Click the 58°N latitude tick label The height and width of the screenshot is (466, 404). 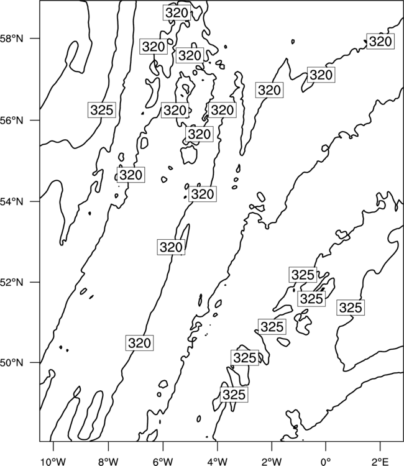click(x=12, y=39)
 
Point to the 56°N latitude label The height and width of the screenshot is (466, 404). click(x=12, y=121)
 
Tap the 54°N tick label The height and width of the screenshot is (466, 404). click(x=12, y=202)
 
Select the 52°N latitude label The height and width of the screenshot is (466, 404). click(x=12, y=282)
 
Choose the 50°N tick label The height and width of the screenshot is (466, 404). click(x=12, y=363)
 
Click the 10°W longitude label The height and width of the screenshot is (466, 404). click(x=53, y=462)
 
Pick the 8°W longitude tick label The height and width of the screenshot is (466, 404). click(x=108, y=462)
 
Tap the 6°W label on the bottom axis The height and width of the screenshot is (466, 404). click(x=163, y=462)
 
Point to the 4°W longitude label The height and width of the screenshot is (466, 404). click(x=218, y=462)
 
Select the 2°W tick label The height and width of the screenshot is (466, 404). click(x=272, y=462)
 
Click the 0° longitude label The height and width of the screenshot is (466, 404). click(x=326, y=462)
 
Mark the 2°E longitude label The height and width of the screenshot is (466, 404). click(x=380, y=462)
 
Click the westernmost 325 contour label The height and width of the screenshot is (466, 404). click(x=102, y=110)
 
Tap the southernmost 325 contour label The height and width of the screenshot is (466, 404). click(x=234, y=395)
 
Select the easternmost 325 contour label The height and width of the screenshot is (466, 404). click(x=351, y=308)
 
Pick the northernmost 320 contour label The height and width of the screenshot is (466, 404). click(x=177, y=13)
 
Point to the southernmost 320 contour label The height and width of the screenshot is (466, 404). click(x=140, y=343)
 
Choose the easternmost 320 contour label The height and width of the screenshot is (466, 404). click(x=380, y=41)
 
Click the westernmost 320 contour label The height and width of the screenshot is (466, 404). click(x=131, y=175)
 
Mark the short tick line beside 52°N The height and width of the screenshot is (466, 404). click(x=35, y=282)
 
